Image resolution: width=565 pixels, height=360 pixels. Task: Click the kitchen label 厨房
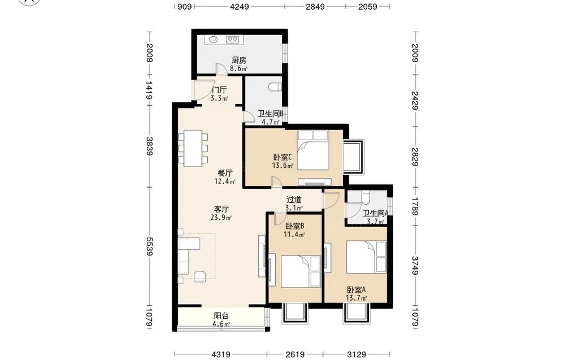[x=239, y=60]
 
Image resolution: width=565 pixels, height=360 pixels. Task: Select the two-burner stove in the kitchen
[x=232, y=40]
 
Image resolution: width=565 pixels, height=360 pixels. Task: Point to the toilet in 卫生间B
[x=275, y=87]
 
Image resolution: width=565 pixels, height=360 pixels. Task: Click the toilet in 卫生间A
[x=366, y=197]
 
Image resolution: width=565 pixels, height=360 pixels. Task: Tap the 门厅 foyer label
[x=219, y=90]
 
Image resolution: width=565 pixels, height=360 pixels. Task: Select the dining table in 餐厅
[x=193, y=148]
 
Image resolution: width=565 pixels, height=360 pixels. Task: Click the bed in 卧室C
[x=313, y=150]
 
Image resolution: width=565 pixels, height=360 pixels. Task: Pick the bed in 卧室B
[x=301, y=271]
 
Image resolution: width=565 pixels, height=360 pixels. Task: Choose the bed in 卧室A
[x=366, y=257]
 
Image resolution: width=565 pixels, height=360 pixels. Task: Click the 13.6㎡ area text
[x=282, y=166]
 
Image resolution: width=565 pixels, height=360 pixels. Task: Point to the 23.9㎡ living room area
[x=221, y=217]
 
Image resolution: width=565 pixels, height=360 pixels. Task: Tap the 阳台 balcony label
[x=221, y=316]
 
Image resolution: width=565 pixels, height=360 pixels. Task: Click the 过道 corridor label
[x=294, y=199]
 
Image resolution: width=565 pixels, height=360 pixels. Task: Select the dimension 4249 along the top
[x=240, y=6]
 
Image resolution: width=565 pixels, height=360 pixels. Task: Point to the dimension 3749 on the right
[x=415, y=266]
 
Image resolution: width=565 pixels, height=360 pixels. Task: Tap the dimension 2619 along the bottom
[x=295, y=354]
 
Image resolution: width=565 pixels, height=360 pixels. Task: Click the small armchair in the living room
[x=199, y=276]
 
